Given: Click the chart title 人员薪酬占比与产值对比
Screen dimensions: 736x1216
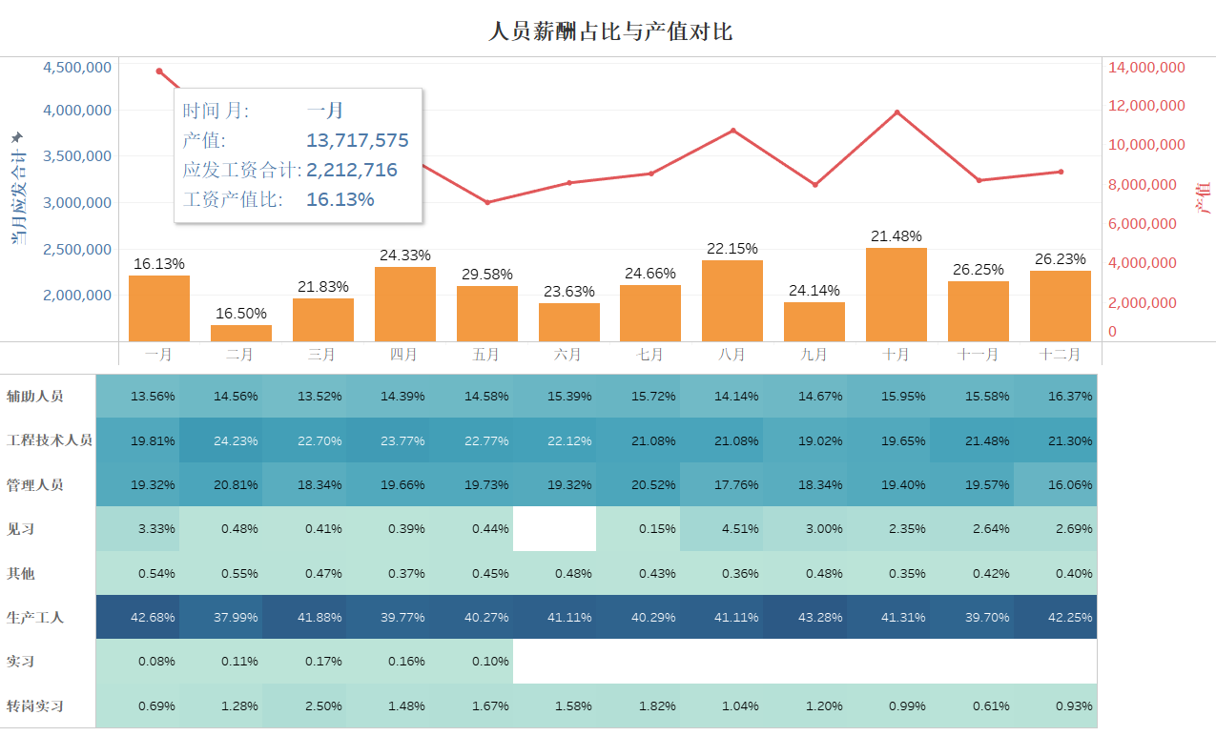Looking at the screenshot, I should point(609,31).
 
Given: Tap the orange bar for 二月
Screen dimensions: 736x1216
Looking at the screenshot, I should point(240,333).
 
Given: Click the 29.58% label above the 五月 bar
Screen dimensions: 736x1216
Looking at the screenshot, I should point(485,275).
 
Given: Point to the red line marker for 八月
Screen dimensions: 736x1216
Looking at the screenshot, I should point(732,131).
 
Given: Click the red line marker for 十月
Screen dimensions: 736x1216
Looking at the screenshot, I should point(897,112).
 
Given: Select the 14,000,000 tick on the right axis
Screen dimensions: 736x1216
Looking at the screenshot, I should point(1145,67).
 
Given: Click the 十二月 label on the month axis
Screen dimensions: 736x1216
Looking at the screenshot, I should point(1060,355).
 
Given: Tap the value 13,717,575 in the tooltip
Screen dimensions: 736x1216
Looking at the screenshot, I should point(357,141).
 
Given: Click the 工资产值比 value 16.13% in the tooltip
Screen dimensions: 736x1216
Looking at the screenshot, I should point(340,200).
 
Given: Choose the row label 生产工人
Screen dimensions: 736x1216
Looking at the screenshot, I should point(35,618).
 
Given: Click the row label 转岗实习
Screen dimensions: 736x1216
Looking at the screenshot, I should point(35,706).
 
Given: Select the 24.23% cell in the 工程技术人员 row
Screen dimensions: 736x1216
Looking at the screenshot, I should point(238,440).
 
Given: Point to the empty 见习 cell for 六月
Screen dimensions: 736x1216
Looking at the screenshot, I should point(554,529).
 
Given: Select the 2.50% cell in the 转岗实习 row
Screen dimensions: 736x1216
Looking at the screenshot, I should point(322,706).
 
